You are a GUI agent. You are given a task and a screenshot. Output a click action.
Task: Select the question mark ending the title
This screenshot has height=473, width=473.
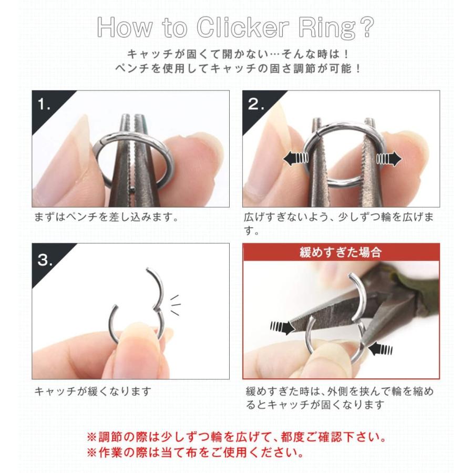(x=366, y=28)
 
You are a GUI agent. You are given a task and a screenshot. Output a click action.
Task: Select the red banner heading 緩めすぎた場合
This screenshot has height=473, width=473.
(x=341, y=252)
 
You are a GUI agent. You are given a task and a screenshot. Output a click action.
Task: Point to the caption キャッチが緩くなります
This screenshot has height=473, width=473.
(x=93, y=391)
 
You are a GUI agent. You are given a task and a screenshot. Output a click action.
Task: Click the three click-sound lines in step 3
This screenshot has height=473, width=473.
(x=176, y=305)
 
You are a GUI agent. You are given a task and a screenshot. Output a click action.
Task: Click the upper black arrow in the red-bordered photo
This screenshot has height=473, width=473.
(x=282, y=328)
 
